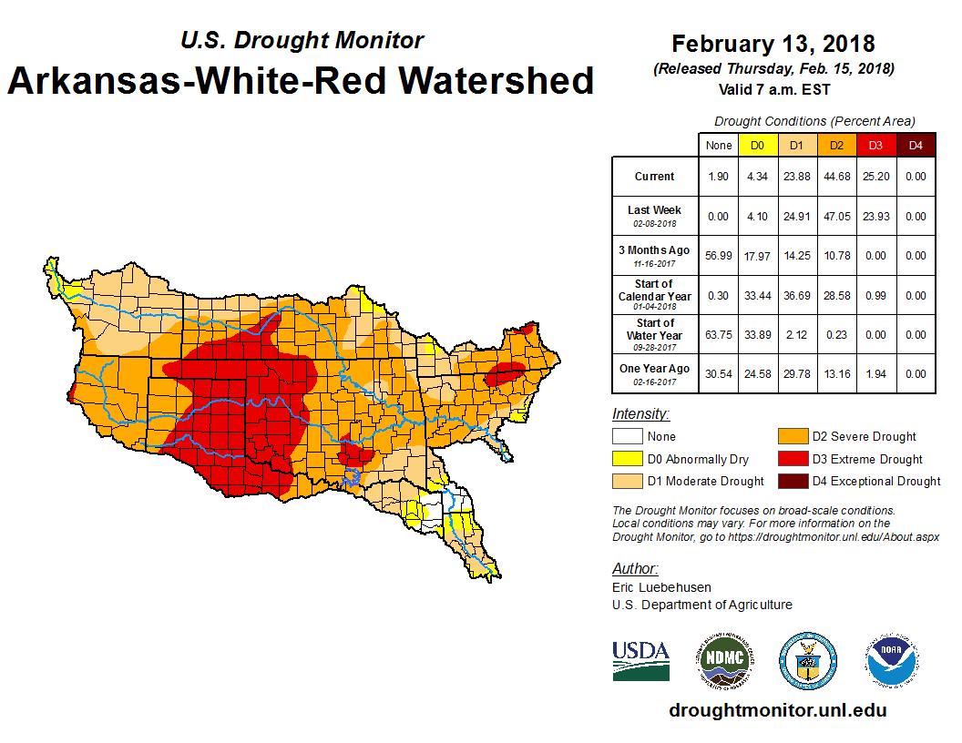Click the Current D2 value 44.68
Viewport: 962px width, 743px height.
coord(835,177)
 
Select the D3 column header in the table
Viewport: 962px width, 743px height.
coord(875,145)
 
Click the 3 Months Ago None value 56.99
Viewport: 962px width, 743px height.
coord(719,256)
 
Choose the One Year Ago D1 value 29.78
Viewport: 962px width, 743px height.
coord(796,373)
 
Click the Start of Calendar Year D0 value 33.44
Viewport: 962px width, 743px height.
coord(757,296)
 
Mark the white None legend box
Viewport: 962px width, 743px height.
coord(628,437)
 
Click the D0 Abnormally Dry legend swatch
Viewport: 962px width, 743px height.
coord(628,459)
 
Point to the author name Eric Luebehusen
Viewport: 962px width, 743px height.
coord(660,587)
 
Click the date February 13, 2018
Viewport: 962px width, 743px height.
coord(773,44)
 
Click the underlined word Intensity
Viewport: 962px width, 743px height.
coord(640,414)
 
